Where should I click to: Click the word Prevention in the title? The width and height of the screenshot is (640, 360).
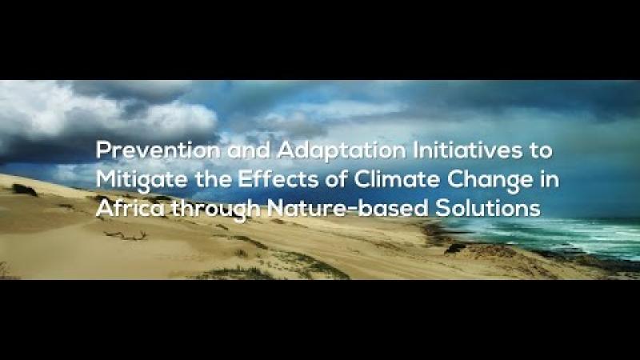pos(158,150)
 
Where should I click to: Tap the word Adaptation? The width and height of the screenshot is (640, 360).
pos(342,150)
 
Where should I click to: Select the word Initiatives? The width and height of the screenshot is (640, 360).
pos(468,150)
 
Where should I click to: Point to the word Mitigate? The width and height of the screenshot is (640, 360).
pos(142,181)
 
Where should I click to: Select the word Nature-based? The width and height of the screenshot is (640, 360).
pos(347,208)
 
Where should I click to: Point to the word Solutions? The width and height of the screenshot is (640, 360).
pos(488,208)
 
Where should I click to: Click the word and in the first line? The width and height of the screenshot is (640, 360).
pos(249,150)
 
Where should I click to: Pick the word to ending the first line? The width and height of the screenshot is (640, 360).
pos(542,151)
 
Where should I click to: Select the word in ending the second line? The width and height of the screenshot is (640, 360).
pos(550,179)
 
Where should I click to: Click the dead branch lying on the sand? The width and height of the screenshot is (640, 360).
pos(126,235)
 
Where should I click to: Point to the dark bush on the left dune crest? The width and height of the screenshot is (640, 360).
pos(25,190)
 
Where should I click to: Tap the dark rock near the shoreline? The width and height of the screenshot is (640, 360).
pos(455,249)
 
